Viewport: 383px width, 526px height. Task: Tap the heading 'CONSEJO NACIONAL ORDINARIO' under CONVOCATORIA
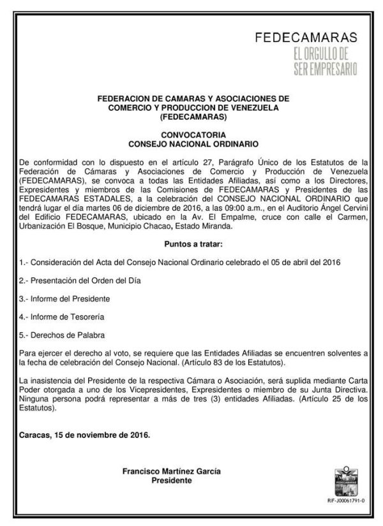point(192,144)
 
